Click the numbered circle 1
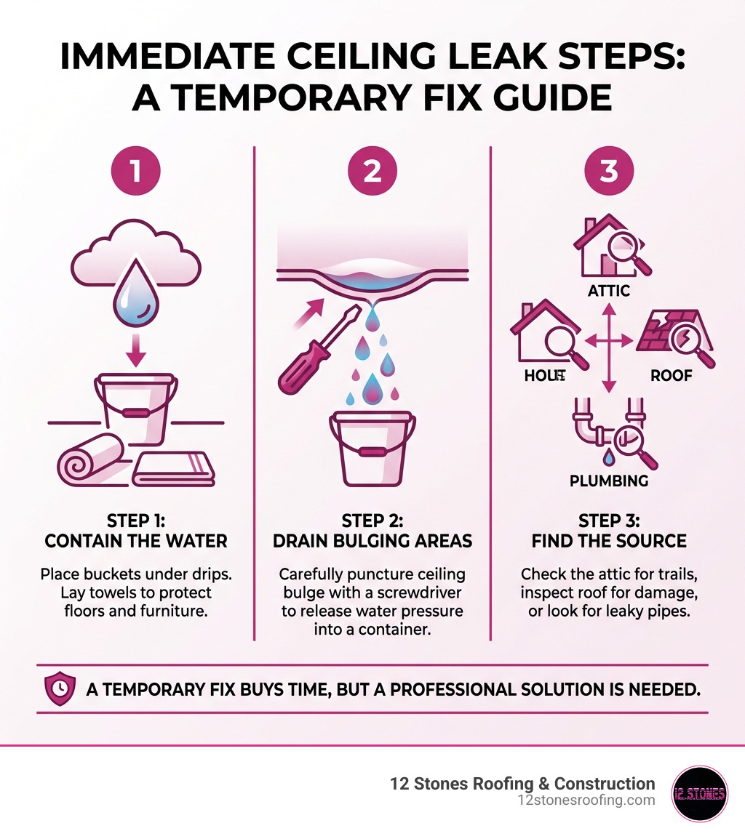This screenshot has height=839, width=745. [135, 172]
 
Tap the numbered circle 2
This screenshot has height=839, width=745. [372, 172]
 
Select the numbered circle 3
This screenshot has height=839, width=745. [609, 172]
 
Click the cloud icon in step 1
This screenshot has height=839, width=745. [137, 251]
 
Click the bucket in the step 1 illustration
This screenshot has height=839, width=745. [137, 411]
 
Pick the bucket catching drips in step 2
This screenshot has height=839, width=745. [372, 447]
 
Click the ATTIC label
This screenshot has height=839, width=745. [608, 291]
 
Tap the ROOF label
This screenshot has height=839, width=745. [671, 376]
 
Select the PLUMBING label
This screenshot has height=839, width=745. [609, 481]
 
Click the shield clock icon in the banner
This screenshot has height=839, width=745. [60, 688]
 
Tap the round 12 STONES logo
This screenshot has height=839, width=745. [699, 793]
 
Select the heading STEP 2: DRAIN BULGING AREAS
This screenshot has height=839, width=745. [372, 531]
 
